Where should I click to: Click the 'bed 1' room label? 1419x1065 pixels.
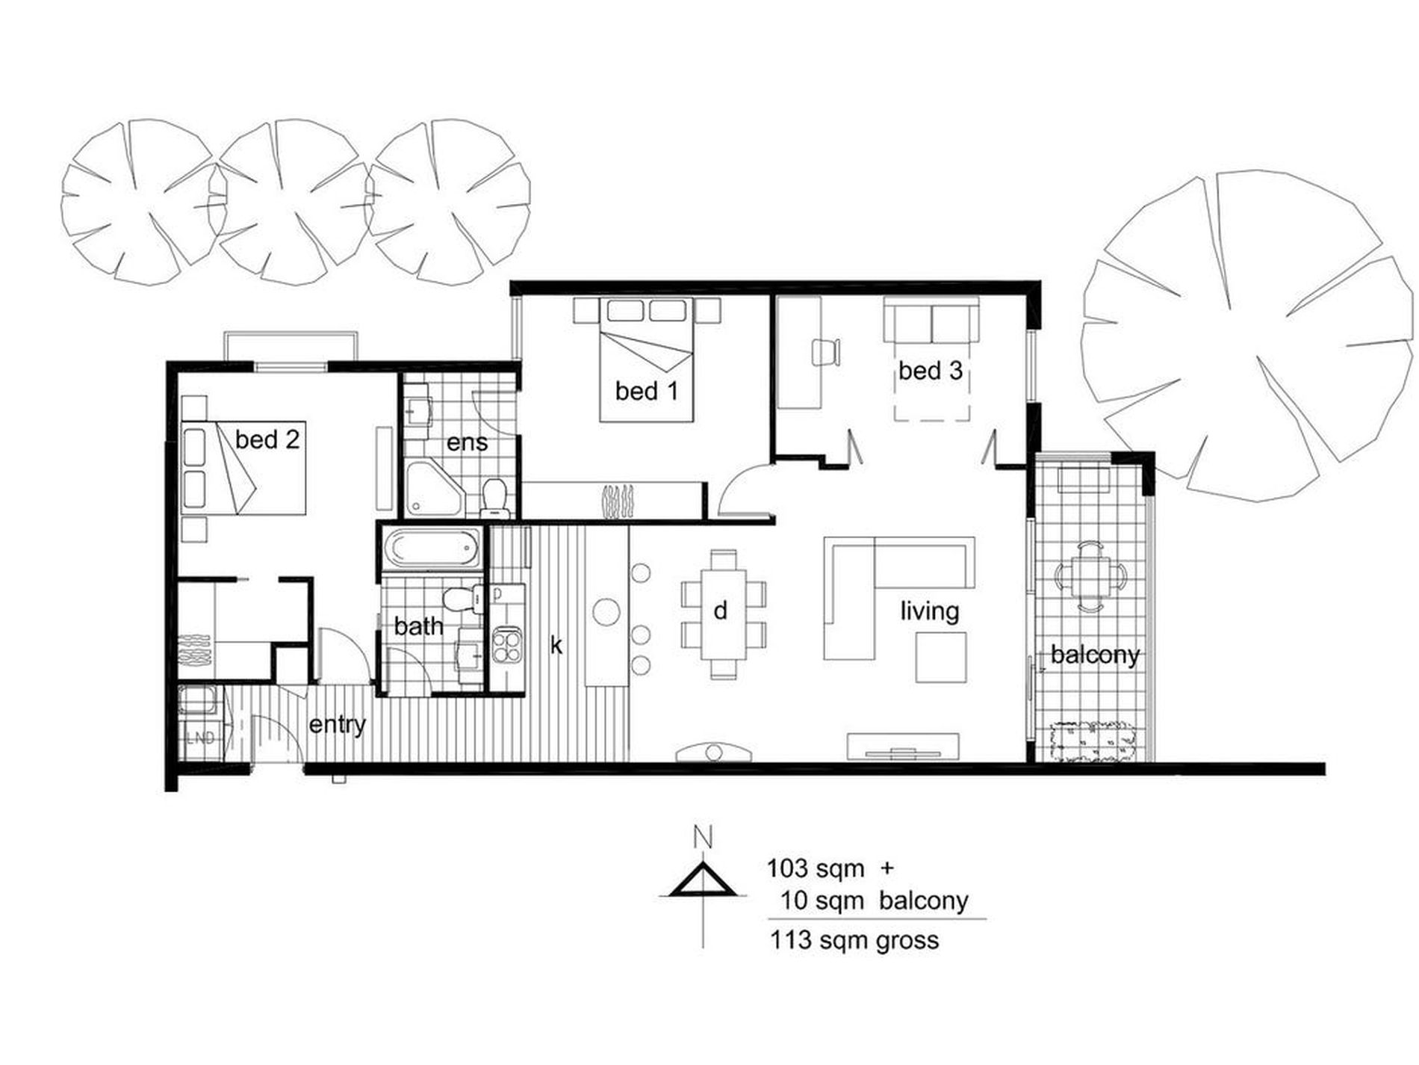pos(647,390)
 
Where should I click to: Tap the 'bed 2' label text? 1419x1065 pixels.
pos(267,439)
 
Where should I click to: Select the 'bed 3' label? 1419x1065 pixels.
pos(930,370)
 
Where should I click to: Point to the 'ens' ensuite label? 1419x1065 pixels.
pos(468,442)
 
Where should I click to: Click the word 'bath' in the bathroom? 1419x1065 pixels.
pos(418,626)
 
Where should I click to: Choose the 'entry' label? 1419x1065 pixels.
pos(338,724)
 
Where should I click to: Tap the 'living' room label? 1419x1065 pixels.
pos(930,611)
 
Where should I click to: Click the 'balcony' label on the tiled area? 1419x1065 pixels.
pos(1095,655)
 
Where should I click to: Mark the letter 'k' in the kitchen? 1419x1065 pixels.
pos(556,644)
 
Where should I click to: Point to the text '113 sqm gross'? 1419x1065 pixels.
pos(854,939)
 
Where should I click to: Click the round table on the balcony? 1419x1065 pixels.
pos(1090,576)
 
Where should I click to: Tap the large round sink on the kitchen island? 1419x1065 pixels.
pos(606,612)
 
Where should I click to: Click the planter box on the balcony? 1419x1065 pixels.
pos(1092,741)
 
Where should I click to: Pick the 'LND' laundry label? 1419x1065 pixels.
pos(200,738)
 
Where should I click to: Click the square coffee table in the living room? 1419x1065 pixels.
pos(941,657)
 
